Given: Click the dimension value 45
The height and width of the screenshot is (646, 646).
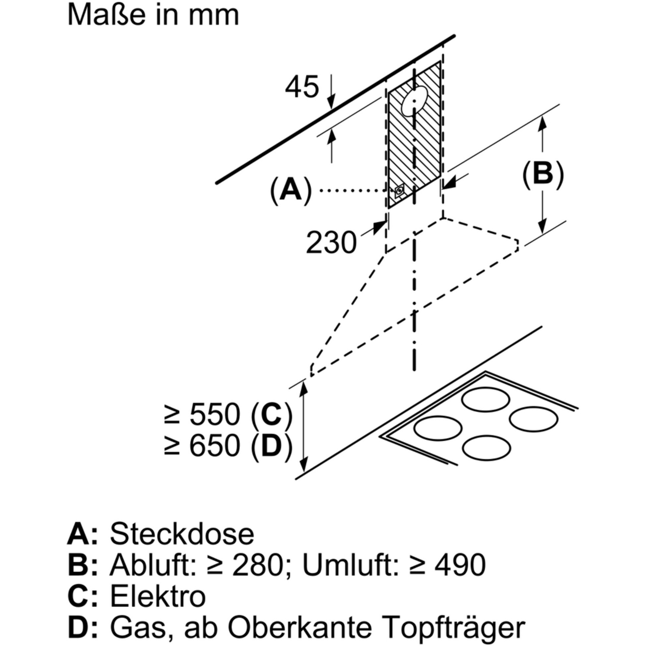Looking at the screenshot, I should [302, 87].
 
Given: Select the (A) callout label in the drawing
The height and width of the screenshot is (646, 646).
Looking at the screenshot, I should [291, 191].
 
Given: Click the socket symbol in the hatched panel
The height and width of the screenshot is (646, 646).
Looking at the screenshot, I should [399, 191].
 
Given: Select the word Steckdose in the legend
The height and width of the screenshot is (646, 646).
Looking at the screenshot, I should [182, 534].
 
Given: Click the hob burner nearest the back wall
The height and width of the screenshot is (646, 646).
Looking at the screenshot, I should [486, 399].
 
